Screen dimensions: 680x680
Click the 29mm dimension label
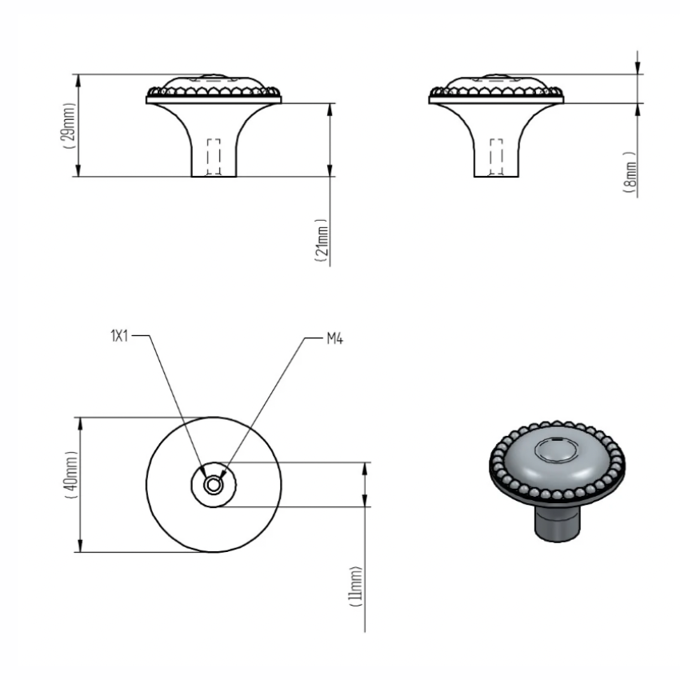(70, 126)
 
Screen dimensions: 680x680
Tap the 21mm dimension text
(322, 240)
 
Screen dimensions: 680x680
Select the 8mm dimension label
(631, 172)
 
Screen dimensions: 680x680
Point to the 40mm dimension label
(71, 475)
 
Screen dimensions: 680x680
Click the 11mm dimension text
(356, 586)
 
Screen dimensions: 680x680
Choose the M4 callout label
(334, 338)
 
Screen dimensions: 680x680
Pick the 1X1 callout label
(119, 336)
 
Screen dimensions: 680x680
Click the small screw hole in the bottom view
(213, 485)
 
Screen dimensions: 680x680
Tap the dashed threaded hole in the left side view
(214, 157)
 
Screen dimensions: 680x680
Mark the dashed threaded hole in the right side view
(496, 157)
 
